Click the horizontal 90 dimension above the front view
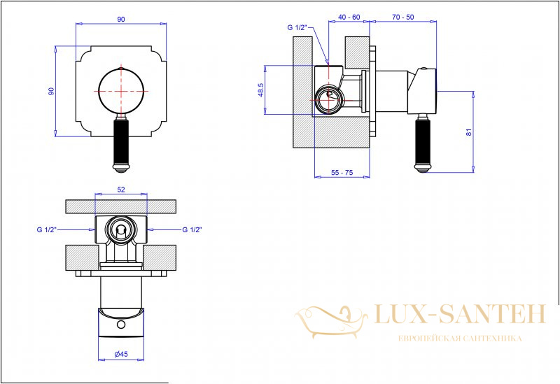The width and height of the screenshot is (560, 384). (121, 20)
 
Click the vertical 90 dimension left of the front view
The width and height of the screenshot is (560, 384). (51, 91)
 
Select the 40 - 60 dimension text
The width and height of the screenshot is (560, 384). (349, 17)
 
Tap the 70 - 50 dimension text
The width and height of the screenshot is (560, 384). (403, 17)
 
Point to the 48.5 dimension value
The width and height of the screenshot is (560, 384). (260, 90)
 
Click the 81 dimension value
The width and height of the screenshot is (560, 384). (469, 132)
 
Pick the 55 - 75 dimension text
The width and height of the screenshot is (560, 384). (342, 172)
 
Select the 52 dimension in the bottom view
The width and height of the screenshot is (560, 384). (121, 190)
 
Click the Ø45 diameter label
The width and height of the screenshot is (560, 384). (121, 354)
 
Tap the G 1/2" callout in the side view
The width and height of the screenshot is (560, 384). (297, 27)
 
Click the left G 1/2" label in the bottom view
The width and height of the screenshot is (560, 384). (47, 230)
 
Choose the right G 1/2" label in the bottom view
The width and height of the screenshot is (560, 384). (192, 230)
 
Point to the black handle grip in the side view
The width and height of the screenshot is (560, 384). (423, 141)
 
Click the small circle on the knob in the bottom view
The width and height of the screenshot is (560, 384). (121, 325)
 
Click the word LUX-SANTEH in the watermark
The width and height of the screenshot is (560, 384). (461, 315)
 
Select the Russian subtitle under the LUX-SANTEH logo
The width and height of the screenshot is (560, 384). (460, 339)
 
